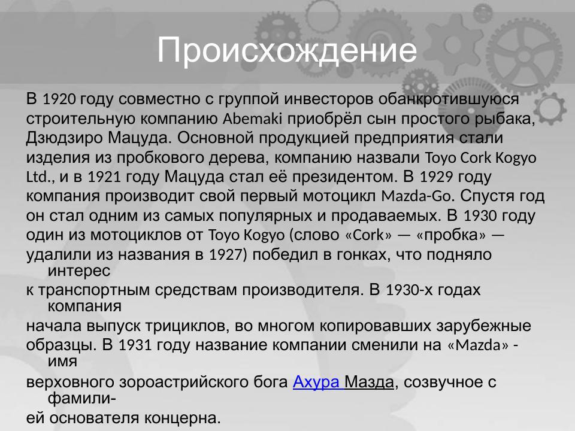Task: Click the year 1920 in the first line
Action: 59,98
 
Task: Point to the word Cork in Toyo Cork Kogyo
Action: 477,158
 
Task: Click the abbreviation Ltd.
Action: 40,178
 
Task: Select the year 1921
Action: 103,178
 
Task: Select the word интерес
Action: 78,271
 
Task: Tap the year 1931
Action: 135,347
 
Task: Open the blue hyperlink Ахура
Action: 316,382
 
